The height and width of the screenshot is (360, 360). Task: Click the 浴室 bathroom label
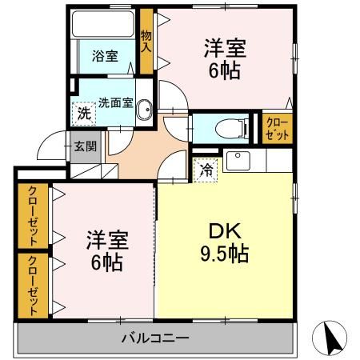[x=105, y=57]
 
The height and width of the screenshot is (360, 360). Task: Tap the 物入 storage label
[x=146, y=41]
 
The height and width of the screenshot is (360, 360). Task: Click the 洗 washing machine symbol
[x=83, y=114]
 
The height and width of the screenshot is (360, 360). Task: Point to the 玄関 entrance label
[x=86, y=146]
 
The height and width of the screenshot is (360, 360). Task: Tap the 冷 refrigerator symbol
[x=206, y=169]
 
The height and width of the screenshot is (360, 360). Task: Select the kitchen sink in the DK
[x=239, y=161]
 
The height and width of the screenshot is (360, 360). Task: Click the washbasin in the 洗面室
[x=143, y=111]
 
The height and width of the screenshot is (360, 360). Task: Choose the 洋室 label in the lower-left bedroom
[x=107, y=240]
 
